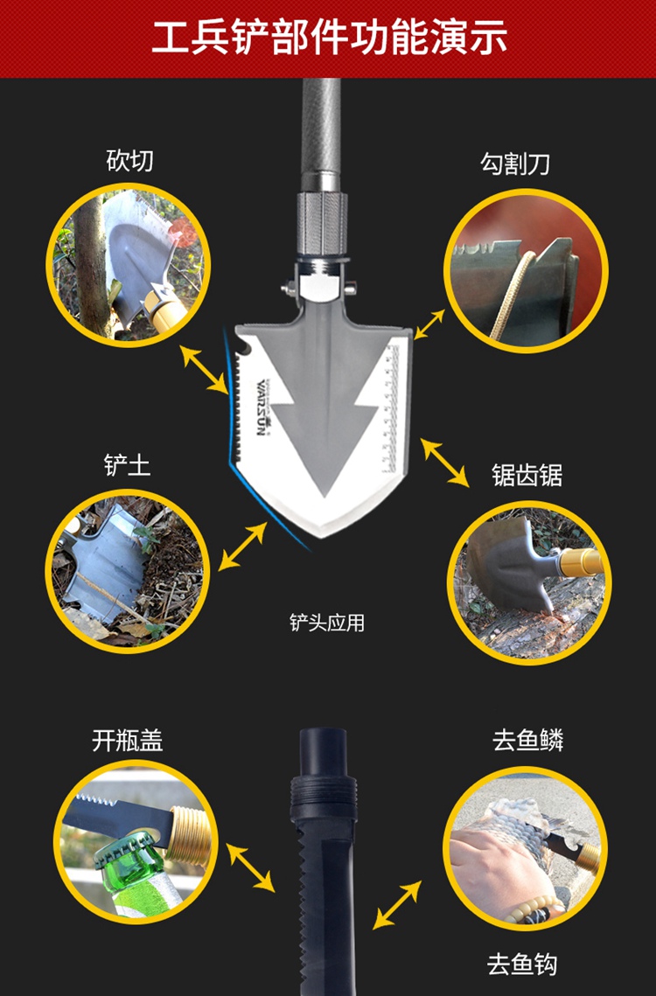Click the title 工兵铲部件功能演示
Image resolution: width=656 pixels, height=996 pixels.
tap(329, 37)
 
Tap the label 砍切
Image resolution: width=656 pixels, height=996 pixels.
tap(129, 161)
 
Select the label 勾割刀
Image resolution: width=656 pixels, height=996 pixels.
tap(515, 164)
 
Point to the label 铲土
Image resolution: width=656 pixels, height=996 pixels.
tap(128, 465)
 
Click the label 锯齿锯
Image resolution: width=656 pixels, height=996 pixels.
tap(527, 475)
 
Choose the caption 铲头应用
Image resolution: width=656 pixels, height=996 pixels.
tap(327, 623)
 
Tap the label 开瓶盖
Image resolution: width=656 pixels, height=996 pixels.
tap(127, 741)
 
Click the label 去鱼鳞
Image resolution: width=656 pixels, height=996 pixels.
tap(528, 741)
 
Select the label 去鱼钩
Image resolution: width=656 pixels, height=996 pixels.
tap(522, 965)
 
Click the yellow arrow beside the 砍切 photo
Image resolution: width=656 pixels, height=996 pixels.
tap(204, 369)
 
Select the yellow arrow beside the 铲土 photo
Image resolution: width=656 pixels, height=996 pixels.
tap(243, 546)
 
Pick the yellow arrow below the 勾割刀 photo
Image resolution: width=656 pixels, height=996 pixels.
tap(430, 324)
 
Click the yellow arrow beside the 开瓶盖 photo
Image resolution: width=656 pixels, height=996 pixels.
tap(250, 867)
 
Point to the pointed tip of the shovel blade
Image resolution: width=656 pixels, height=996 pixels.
tap(325, 536)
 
